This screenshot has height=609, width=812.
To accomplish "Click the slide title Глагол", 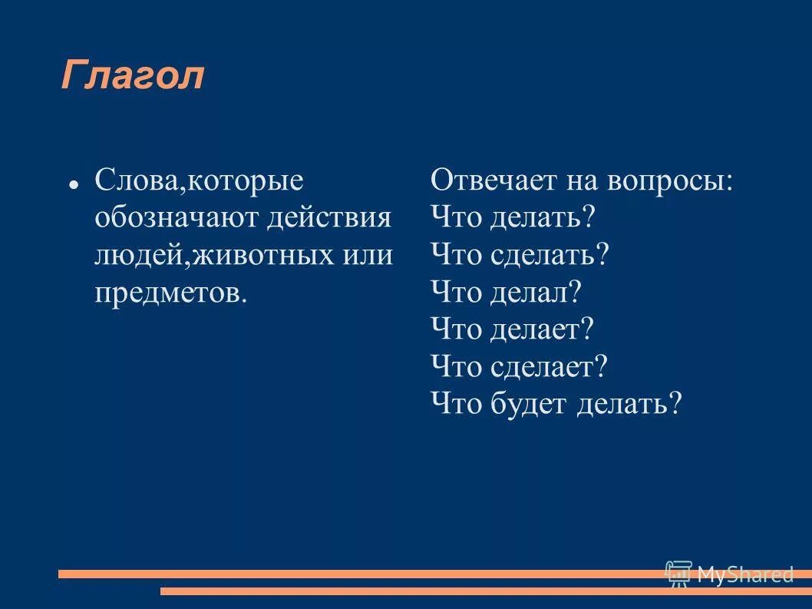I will tap(133, 76).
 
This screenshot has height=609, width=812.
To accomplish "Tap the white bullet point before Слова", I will tap(71, 185).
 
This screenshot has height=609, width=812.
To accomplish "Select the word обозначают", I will tap(176, 218).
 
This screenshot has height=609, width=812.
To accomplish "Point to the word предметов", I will tap(171, 292).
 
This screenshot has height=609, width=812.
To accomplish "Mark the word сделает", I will tap(548, 366).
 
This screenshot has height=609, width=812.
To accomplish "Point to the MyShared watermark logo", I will tap(729, 574).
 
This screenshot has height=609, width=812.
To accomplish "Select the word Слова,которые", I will tap(199, 181).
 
